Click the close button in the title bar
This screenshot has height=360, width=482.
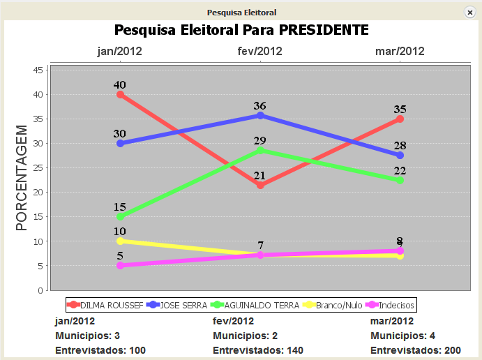coord(470,13)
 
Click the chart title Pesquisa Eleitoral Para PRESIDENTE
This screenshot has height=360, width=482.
coord(241,30)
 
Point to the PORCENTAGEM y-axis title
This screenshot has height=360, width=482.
coord(22,178)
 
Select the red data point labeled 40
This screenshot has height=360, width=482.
coord(121,94)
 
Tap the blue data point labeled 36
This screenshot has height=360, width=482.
coord(260,115)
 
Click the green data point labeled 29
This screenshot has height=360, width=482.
coord(260,150)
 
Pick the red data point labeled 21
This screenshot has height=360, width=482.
coord(260,185)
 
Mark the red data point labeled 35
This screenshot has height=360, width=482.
coord(400,119)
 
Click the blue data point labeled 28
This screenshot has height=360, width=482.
coord(400,155)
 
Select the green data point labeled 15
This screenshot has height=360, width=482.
coord(121,216)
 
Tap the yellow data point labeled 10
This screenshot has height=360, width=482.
coord(121,241)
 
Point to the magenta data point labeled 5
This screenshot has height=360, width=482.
coord(121,265)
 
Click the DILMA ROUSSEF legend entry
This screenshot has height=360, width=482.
coord(105,305)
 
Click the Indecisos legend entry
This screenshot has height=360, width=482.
coord(391,305)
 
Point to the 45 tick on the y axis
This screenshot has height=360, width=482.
coord(38,70)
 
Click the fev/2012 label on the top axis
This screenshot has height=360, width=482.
coord(260,51)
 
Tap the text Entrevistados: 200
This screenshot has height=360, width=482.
coord(416,350)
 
